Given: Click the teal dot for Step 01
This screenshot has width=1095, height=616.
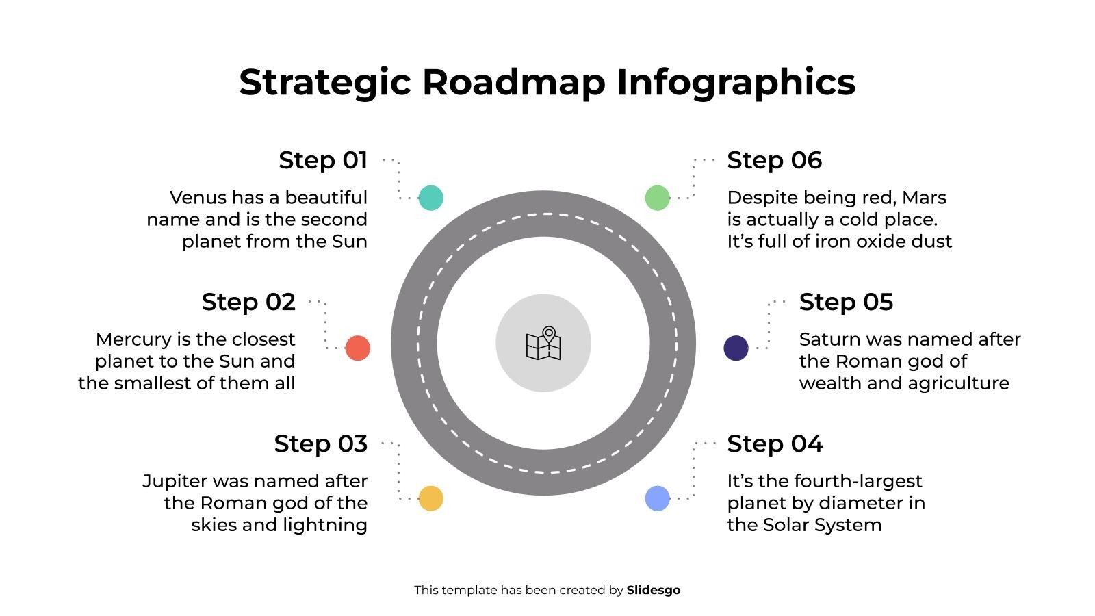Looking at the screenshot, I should [x=430, y=198].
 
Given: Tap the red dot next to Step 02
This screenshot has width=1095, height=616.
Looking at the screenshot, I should [x=357, y=348].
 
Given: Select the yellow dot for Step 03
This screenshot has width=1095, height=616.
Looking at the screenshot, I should [x=430, y=498].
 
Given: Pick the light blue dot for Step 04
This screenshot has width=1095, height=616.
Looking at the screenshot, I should [x=657, y=498].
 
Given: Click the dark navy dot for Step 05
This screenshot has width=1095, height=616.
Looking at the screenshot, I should [x=736, y=348].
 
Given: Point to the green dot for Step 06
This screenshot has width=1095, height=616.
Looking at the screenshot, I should [x=657, y=198].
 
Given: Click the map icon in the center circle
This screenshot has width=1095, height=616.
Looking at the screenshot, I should [x=543, y=343].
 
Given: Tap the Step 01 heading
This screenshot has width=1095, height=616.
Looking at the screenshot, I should [x=323, y=160].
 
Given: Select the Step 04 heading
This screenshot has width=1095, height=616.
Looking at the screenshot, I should [x=775, y=444].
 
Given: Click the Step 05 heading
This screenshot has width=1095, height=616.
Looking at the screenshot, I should [x=846, y=302].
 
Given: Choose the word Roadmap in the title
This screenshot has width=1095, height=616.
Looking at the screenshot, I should [x=513, y=82].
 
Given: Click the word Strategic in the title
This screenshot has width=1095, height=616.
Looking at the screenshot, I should [x=324, y=82].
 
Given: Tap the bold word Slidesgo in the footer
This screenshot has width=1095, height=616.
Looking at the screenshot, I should [x=653, y=590].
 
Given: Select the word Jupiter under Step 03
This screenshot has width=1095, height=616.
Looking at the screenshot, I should [x=175, y=481].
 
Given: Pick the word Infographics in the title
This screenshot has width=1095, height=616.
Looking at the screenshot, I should [x=736, y=82].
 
